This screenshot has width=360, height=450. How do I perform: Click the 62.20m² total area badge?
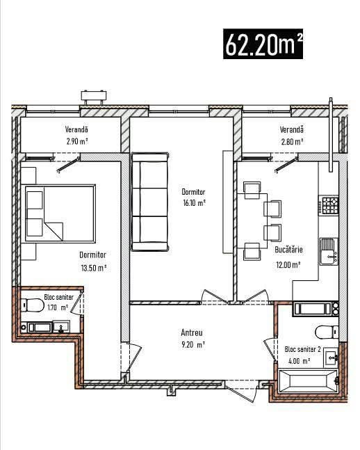[263, 44]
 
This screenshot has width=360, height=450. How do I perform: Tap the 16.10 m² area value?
[194, 203]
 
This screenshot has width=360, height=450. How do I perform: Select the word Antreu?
[192, 332]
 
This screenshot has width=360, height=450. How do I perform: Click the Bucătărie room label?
[288, 250]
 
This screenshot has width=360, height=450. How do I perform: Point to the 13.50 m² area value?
[94, 268]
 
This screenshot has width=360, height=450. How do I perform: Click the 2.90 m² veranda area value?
[77, 141]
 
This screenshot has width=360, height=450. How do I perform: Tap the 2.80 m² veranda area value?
[292, 141]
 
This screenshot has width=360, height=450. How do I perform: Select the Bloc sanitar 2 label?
[302, 349]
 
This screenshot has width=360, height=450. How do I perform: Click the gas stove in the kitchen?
[330, 205]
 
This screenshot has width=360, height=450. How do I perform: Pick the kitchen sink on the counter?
[329, 251]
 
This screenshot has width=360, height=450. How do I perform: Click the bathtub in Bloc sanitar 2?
[308, 381]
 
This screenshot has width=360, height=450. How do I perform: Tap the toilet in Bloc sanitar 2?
[327, 332]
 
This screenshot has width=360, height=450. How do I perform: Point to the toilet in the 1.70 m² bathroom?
[33, 305]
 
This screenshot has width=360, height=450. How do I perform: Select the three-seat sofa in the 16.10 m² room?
[150, 202]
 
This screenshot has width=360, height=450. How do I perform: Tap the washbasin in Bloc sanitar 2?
[331, 357]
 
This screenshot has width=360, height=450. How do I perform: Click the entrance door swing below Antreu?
[241, 390]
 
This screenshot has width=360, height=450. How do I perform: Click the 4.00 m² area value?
[299, 361]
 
